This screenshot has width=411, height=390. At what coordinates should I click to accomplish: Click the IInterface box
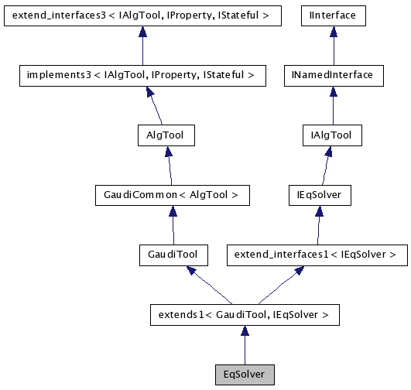click(x=334, y=15)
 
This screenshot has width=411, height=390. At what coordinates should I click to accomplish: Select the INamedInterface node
click(x=333, y=75)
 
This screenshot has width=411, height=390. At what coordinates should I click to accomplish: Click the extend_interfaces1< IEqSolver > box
click(x=316, y=255)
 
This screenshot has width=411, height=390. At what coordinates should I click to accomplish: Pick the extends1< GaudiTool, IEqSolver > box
click(x=244, y=315)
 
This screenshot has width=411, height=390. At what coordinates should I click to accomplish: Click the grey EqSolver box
click(x=244, y=375)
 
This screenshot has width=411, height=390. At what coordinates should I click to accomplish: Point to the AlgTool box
click(x=164, y=135)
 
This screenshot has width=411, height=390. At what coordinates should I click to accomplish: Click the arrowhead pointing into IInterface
click(x=334, y=30)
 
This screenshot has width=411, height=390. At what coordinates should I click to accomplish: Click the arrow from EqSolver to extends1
click(x=244, y=345)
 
